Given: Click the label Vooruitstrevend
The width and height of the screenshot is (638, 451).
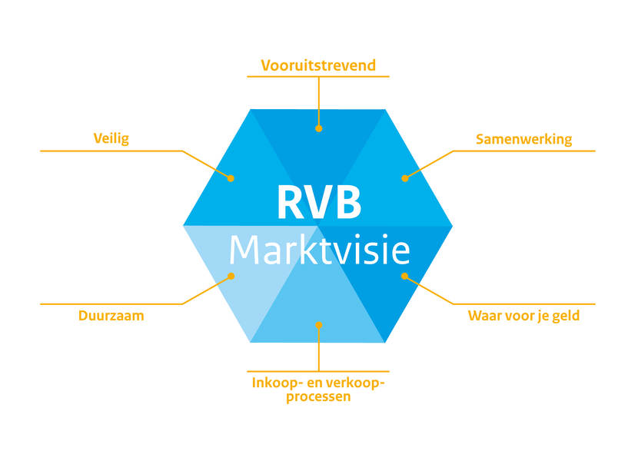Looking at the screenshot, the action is pos(318,65).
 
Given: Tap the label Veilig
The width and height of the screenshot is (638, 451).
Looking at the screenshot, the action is pos(111,139).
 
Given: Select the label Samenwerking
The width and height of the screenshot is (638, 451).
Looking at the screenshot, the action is pos(523,140).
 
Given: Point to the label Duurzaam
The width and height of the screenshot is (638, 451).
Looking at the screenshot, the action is pos(111,316).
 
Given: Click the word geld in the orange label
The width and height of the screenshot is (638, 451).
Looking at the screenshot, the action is pos(566,316).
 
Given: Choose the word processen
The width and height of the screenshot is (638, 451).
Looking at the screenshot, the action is pos(318,397).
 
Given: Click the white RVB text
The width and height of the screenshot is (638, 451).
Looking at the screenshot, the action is pos(319,202).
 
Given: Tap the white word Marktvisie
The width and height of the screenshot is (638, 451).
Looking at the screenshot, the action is pos(320,250).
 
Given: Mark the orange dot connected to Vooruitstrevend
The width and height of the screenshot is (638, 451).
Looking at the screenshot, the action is pos(318,128).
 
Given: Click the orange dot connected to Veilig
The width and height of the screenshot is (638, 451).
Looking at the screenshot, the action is pos(231,178).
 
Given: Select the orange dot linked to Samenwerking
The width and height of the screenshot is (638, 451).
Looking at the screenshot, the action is pos(405,178).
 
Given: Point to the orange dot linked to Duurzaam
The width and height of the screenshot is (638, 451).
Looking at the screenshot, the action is pos(231,276).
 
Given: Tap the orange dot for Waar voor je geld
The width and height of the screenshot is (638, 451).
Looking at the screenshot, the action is pos(404,276).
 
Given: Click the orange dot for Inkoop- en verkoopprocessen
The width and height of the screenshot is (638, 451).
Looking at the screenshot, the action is pos(319,325).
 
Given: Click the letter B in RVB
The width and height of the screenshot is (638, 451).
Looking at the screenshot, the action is pos(347,202).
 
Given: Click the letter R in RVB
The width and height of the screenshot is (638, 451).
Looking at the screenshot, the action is pos(290,202).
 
